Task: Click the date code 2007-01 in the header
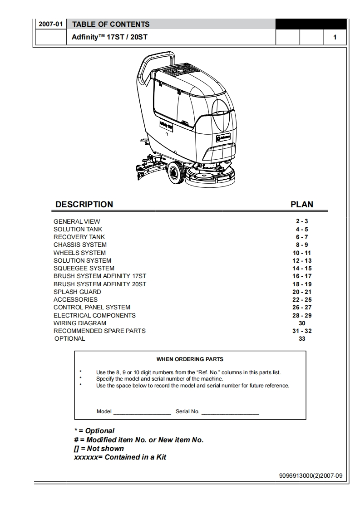click(x=50, y=24)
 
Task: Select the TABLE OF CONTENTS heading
click(x=111, y=24)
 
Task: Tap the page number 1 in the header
click(x=335, y=37)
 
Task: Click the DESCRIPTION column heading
click(x=84, y=205)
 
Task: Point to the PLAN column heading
click(x=302, y=205)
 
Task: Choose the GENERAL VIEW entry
click(x=77, y=221)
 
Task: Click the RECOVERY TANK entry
click(x=79, y=237)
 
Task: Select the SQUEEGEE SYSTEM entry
click(x=84, y=268)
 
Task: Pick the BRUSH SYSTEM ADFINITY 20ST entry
click(x=100, y=284)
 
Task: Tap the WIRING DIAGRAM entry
click(x=80, y=323)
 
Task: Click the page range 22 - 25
click(x=302, y=299)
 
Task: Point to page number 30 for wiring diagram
click(x=302, y=323)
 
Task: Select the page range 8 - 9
click(x=302, y=245)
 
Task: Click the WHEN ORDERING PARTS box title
click(x=190, y=359)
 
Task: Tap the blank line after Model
click(x=142, y=412)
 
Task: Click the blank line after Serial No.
click(x=230, y=412)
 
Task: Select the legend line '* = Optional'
click(x=94, y=431)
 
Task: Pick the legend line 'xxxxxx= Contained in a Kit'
click(x=120, y=457)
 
